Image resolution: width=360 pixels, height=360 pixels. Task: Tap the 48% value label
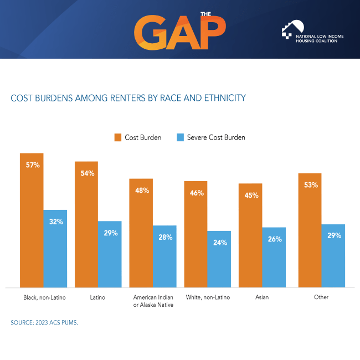click(142, 191)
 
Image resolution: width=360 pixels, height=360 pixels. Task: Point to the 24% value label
click(219, 241)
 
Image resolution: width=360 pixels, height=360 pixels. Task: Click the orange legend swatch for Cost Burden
click(117, 137)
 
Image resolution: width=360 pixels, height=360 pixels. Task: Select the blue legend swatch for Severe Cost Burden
click(180, 137)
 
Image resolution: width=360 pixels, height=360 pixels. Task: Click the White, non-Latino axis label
click(208, 297)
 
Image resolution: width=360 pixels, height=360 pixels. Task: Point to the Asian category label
click(262, 297)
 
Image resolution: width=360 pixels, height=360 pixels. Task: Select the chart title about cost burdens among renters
click(128, 98)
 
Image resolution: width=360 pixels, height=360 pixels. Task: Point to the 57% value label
click(33, 165)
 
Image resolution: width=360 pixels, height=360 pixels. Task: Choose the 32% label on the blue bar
click(55, 222)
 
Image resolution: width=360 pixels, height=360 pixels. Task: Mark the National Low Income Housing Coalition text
click(320, 38)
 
